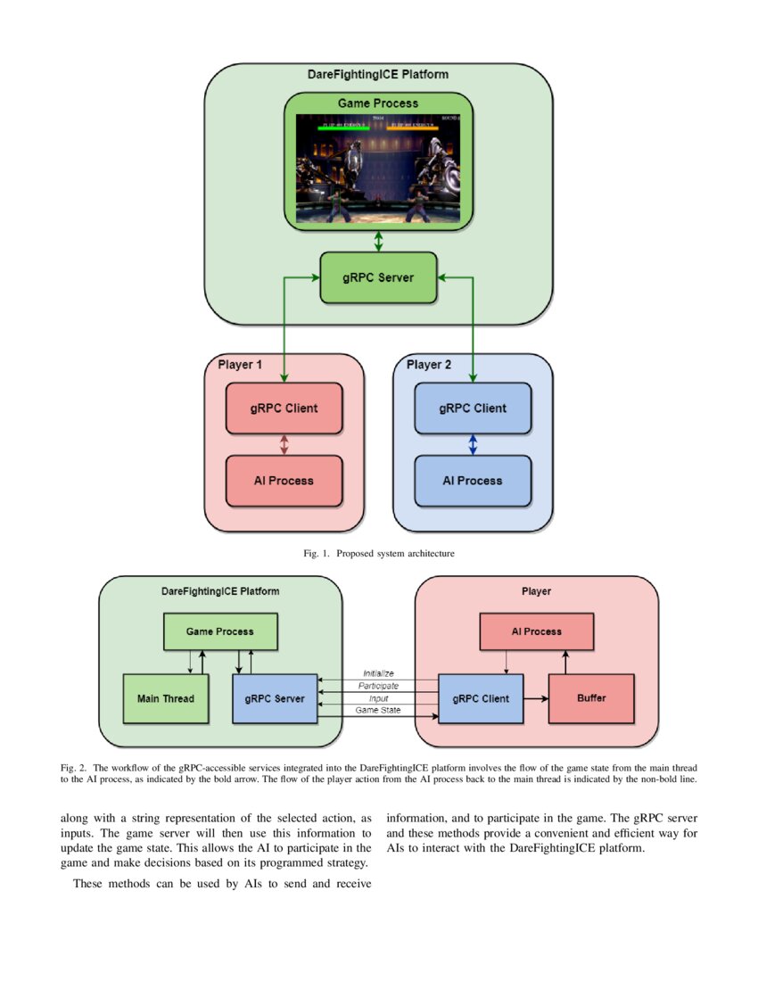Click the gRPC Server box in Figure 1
tap(378, 277)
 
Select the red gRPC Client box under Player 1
tap(284, 408)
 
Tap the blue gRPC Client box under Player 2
tap(472, 408)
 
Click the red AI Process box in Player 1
tap(284, 481)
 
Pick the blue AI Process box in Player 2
tap(472, 481)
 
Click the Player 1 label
tap(241, 365)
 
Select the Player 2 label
tap(429, 365)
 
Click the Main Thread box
tap(165, 698)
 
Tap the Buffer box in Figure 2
tap(590, 698)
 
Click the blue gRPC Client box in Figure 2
tap(481, 698)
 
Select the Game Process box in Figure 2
tap(219, 631)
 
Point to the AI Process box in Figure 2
tap(536, 631)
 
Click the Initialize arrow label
tap(378, 673)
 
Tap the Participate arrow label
tap(378, 686)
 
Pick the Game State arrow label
tap(378, 711)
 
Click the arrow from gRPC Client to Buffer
tap(535, 698)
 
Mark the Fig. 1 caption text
tap(378, 554)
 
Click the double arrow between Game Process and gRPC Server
tap(378, 241)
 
